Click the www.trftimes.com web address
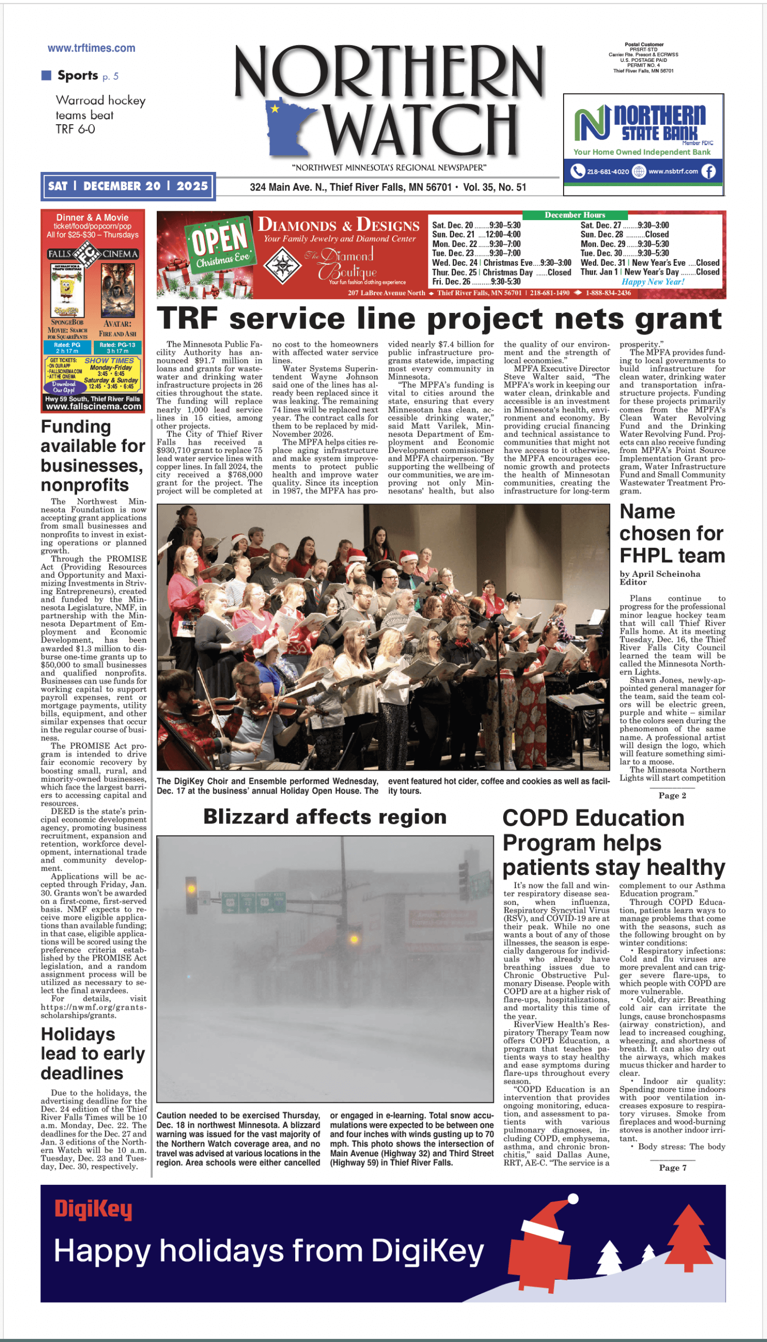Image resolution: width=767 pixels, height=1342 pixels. [x=91, y=48]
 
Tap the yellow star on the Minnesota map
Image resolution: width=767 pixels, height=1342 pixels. [x=275, y=109]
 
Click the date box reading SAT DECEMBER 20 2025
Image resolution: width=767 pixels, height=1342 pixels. [x=128, y=186]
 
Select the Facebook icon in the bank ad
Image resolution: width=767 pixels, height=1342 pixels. [x=708, y=171]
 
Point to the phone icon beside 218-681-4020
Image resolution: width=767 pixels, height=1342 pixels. [x=578, y=171]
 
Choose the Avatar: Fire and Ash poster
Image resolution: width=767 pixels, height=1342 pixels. [x=117, y=290]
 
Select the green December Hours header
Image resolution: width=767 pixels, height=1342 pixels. [x=575, y=215]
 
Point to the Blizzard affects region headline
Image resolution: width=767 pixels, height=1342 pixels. [x=325, y=817]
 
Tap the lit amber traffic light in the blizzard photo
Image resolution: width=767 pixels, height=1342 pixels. [x=191, y=884]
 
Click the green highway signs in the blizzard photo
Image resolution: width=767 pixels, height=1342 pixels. [x=253, y=902]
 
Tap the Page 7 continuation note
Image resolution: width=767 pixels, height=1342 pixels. [x=673, y=1167]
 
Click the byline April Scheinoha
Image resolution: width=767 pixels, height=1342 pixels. [x=660, y=574]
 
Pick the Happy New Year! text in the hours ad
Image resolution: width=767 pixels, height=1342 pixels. [x=653, y=282]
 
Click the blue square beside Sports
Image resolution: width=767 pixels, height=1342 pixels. [x=46, y=75]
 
